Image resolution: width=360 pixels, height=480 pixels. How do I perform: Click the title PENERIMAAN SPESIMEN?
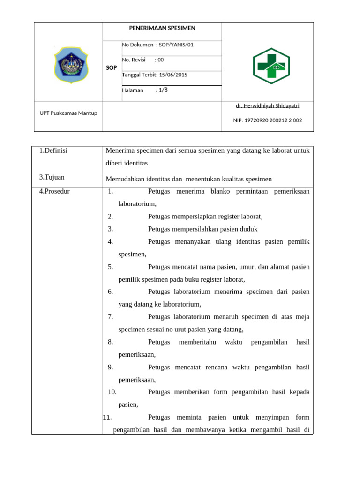(162, 28)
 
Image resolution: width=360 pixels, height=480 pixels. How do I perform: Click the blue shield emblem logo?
(71, 65)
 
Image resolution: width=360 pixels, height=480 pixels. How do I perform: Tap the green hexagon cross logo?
(271, 66)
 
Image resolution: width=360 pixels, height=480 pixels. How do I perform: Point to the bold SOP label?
(112, 68)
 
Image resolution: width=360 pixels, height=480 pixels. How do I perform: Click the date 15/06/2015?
(173, 75)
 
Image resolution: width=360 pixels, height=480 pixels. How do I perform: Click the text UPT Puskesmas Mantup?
(68, 113)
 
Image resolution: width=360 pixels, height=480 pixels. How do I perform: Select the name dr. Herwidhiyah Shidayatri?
(267, 106)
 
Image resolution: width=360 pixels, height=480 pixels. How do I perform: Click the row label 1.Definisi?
(53, 150)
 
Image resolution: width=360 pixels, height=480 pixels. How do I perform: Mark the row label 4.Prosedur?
(54, 191)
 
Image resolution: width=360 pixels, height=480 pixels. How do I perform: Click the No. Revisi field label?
(134, 60)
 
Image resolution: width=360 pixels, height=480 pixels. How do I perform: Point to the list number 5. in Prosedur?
(111, 267)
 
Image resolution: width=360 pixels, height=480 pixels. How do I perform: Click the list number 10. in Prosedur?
(112, 392)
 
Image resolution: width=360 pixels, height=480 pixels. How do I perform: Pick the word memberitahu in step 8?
(197, 342)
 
